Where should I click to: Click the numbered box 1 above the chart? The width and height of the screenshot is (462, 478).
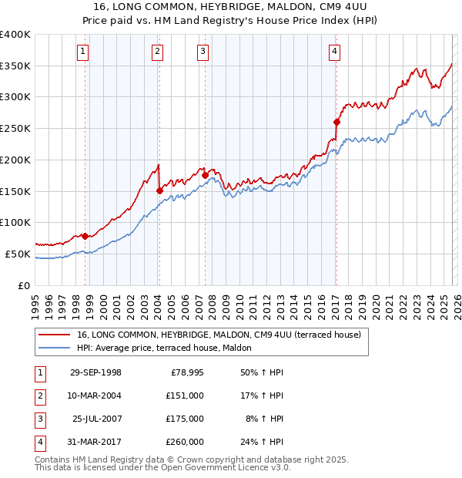coord(82,52)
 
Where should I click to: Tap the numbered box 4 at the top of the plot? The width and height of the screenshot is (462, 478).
coord(335,52)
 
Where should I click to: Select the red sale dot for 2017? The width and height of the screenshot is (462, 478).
coord(336,122)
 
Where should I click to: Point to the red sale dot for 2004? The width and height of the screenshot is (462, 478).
coord(159,190)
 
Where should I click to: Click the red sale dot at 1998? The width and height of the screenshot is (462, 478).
coord(85,236)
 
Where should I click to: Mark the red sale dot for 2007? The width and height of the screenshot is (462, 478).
coord(205,175)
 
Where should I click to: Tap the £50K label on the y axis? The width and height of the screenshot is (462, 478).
coord(18,254)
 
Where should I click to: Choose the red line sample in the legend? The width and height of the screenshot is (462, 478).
coord(55,335)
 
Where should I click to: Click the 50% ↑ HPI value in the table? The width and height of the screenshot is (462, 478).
coord(264,372)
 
